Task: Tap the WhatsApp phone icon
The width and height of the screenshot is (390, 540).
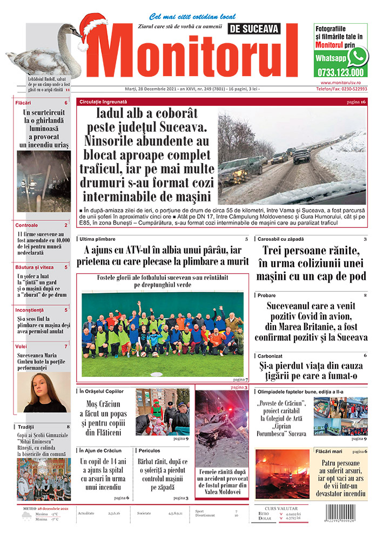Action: (x=357, y=56)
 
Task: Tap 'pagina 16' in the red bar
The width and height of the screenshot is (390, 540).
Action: (x=356, y=102)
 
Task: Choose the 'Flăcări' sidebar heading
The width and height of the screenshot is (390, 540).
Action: (x=23, y=103)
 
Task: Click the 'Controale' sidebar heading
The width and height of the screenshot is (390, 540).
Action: (x=27, y=225)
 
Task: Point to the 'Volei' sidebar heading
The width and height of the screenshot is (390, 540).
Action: (x=21, y=346)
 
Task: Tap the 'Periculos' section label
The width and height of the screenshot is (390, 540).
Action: (x=149, y=450)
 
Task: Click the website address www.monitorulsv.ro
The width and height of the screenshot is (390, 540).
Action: (x=347, y=83)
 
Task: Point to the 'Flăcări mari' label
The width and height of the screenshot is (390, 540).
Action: (x=329, y=451)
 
